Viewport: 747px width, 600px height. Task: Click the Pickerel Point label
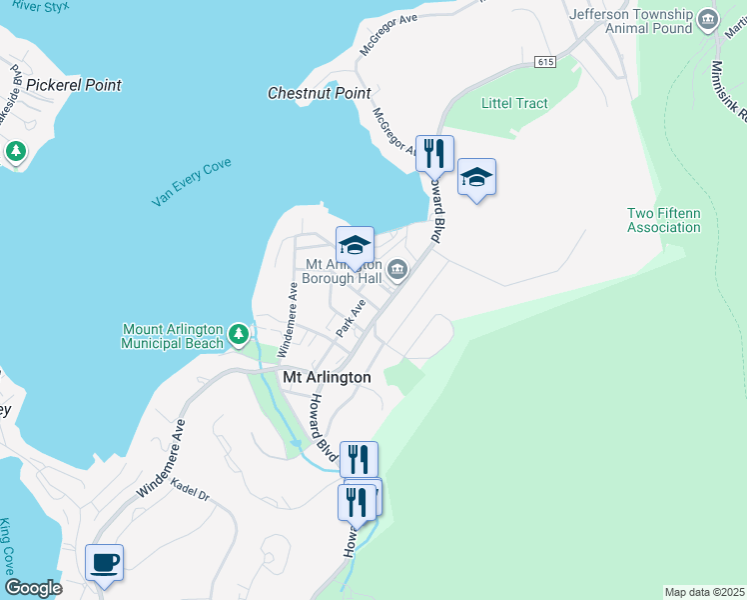(74, 85)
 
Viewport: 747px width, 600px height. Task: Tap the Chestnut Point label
(320, 93)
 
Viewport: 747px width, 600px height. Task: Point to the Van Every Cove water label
(192, 183)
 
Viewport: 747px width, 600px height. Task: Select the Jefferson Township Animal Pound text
(630, 21)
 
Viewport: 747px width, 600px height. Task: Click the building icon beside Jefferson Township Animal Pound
(708, 19)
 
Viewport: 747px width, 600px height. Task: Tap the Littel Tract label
(514, 103)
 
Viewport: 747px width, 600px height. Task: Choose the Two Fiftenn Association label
(664, 220)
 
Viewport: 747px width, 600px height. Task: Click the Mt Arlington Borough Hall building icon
(397, 268)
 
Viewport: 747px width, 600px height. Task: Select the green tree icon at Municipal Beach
(238, 333)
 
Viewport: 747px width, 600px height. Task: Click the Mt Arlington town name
(327, 377)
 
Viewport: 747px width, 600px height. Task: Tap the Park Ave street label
(352, 317)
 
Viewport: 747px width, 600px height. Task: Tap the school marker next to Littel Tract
(477, 177)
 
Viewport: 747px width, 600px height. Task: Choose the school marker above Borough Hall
(355, 244)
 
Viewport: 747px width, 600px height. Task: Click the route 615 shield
(544, 62)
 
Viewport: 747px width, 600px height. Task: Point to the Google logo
(33, 588)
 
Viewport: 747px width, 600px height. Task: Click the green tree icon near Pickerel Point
(15, 151)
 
